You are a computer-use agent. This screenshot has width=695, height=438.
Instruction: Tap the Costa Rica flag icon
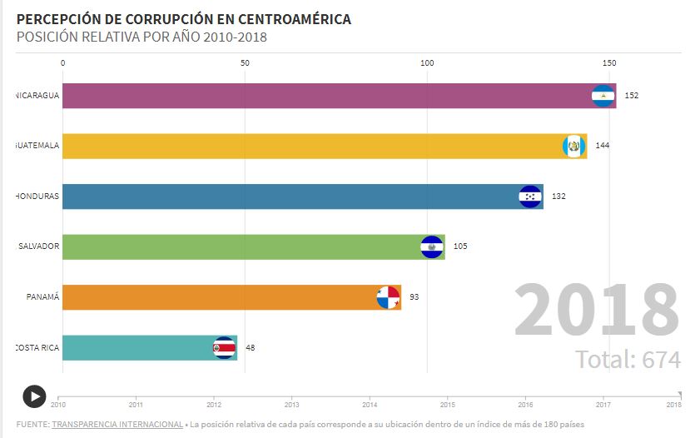coord(224,348)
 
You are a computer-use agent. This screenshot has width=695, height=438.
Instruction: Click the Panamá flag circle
coord(388,297)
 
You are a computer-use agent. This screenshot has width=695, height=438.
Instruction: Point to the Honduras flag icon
coord(530,197)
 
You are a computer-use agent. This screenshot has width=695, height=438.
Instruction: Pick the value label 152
coord(632,96)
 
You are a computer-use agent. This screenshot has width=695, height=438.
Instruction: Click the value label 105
coord(460,246)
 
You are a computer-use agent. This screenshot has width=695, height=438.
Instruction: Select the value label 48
coord(250,348)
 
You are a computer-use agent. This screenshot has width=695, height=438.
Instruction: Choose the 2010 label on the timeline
coord(58,405)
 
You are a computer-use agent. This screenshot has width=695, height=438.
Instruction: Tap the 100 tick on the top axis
coord(428,63)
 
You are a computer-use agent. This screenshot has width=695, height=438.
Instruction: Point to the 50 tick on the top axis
coord(245,63)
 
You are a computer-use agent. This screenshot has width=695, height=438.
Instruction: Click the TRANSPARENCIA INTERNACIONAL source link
coord(117,425)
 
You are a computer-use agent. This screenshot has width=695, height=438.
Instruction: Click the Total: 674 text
coord(628,360)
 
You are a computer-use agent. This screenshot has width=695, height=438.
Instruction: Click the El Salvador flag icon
coord(432,246)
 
